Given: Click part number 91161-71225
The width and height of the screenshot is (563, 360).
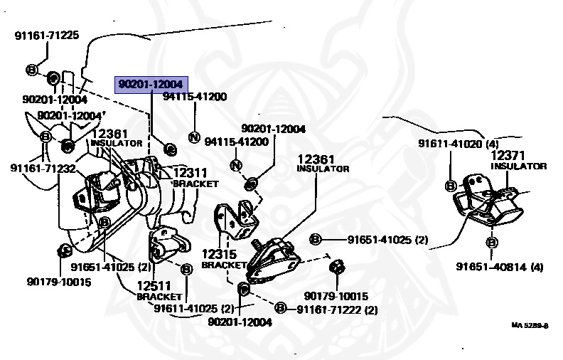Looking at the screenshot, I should (46, 34).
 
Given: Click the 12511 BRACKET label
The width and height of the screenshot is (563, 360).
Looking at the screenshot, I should (158, 290).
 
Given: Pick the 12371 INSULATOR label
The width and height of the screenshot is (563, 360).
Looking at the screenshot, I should (518, 160).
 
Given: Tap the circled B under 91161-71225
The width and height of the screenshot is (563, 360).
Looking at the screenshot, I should (32, 70).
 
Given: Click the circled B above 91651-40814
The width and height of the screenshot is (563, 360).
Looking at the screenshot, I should (491, 243).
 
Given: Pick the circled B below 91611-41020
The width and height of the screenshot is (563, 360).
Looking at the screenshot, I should (451, 185).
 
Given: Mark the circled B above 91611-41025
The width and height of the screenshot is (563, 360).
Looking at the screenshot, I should (186, 270).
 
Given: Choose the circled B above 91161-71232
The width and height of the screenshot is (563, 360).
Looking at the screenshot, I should (45, 136).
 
